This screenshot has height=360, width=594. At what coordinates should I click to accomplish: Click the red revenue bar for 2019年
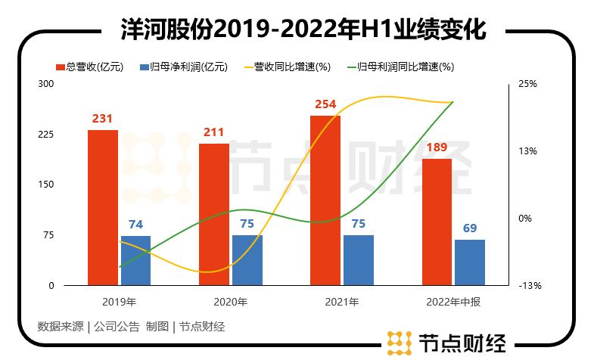(103, 208)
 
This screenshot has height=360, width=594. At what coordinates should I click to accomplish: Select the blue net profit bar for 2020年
(247, 260)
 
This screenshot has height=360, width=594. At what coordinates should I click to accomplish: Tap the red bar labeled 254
(325, 200)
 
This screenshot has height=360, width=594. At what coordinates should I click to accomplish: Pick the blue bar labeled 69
(470, 262)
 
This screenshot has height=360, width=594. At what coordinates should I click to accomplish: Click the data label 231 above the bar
(103, 119)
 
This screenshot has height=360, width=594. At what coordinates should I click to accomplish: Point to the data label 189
(437, 147)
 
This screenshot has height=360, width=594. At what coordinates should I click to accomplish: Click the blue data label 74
(135, 225)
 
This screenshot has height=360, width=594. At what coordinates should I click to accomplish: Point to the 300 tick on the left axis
(46, 84)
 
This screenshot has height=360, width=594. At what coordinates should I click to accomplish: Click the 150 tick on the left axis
(46, 185)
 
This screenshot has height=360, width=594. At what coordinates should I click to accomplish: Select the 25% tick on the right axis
(527, 84)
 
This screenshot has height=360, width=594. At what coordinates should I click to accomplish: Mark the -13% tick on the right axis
(529, 286)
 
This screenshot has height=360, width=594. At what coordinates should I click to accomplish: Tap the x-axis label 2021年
(343, 302)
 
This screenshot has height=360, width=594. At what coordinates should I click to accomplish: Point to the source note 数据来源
(60, 327)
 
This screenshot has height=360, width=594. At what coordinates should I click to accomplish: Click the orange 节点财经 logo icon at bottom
(399, 343)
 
